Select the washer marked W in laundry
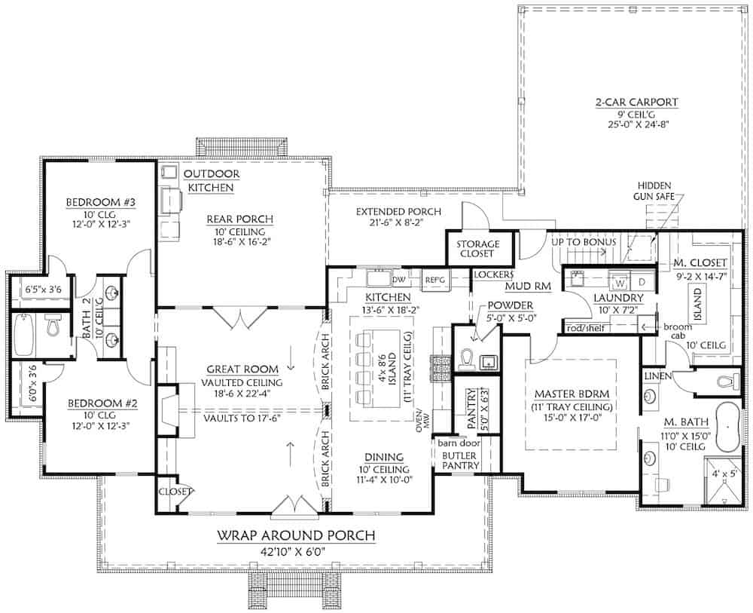[622, 283]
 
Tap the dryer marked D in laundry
[642, 283]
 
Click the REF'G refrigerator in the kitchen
[434, 278]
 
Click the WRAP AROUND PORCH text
[296, 536]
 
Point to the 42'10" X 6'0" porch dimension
[296, 551]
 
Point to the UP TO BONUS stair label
[584, 242]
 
